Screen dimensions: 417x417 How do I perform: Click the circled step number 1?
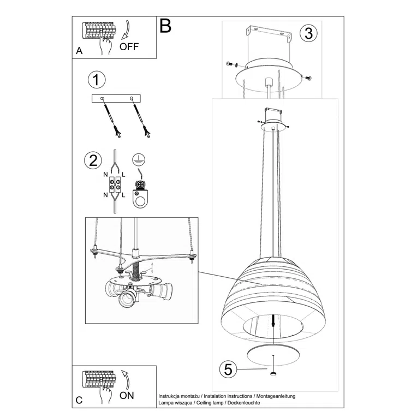(x=96, y=80)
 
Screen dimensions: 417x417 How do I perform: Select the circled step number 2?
(x=93, y=160)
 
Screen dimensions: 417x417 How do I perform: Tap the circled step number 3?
(x=308, y=33)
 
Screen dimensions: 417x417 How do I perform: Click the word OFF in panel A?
(x=129, y=46)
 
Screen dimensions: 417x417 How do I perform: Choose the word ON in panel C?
(x=126, y=395)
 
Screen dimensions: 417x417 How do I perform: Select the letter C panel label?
(x=79, y=400)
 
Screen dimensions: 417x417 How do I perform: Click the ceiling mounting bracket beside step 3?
(x=267, y=34)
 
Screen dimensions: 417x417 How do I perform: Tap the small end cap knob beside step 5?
(x=272, y=373)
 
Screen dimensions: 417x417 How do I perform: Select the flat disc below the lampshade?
(x=272, y=354)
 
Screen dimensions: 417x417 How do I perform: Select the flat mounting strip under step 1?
(x=116, y=98)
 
